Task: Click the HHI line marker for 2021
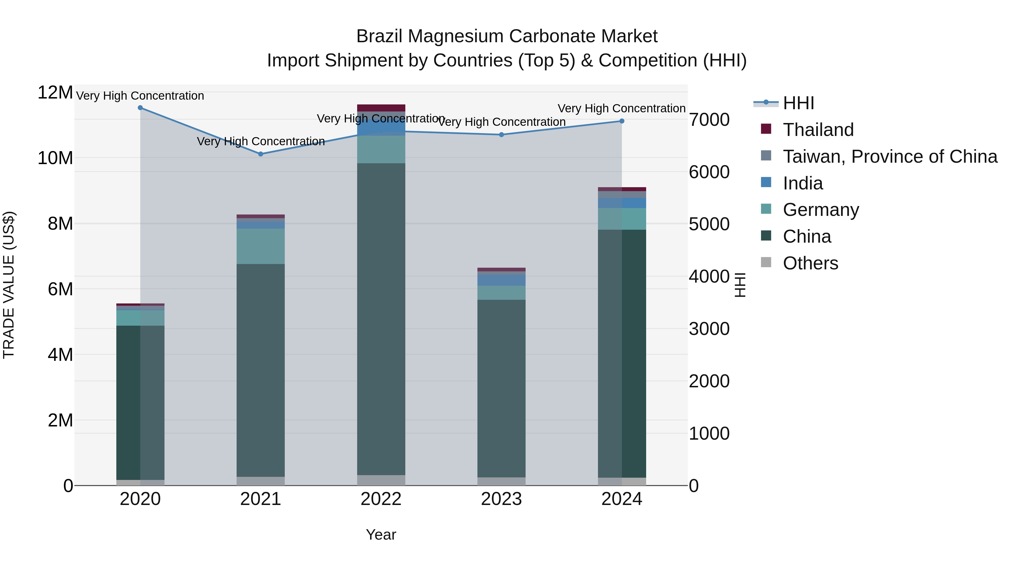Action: pyautogui.click(x=261, y=154)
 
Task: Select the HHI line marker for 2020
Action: pyautogui.click(x=140, y=108)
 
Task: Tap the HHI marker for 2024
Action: pyautogui.click(x=622, y=121)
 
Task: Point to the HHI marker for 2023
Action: pyautogui.click(x=501, y=135)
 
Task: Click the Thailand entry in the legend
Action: pyautogui.click(x=818, y=130)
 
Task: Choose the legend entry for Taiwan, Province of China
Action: pyautogui.click(x=890, y=157)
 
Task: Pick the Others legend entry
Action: pyautogui.click(x=810, y=263)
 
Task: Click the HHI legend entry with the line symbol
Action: pyautogui.click(x=798, y=103)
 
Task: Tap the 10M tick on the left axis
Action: pyautogui.click(x=55, y=158)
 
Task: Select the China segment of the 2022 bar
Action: pyautogui.click(x=381, y=319)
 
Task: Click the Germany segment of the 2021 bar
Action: pyautogui.click(x=261, y=246)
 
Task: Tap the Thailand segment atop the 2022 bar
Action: pyautogui.click(x=381, y=108)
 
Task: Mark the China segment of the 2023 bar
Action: pyautogui.click(x=501, y=388)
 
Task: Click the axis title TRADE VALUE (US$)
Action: pyautogui.click(x=9, y=285)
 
